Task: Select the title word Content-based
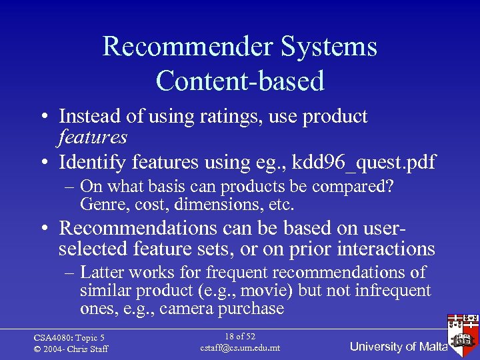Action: click(x=240, y=81)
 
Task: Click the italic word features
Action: click(x=93, y=137)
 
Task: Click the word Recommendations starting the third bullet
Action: click(x=137, y=228)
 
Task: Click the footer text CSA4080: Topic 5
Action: click(x=69, y=337)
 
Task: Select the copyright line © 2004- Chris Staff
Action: click(x=71, y=349)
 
